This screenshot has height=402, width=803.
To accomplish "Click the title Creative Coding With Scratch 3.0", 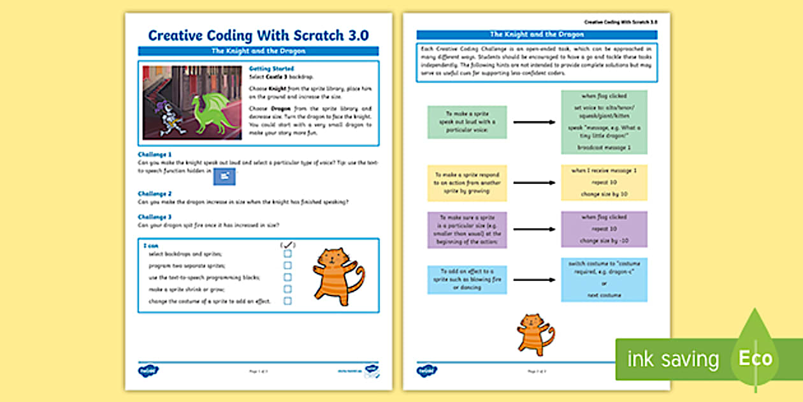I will click(x=258, y=35).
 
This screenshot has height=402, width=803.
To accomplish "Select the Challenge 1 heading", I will click(x=155, y=154).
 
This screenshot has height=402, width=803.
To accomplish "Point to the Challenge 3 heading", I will click(x=155, y=217).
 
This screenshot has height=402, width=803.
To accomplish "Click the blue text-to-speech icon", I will click(x=224, y=177).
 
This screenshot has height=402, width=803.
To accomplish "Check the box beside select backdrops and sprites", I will click(x=287, y=253).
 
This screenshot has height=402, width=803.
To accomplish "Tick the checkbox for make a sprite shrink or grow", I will click(x=287, y=289).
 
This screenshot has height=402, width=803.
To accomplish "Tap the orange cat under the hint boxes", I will click(x=535, y=334).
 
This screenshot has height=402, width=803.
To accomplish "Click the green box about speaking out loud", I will click(x=467, y=122).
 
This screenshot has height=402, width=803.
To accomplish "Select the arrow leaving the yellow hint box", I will click(x=533, y=183).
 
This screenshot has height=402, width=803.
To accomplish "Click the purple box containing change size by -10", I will click(x=604, y=229).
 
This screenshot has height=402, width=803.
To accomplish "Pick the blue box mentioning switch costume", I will click(x=604, y=279).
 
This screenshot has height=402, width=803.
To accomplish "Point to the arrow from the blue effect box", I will click(x=533, y=279).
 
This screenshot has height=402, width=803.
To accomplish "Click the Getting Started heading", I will click(x=271, y=68).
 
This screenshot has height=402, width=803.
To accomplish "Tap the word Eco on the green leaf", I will click(x=755, y=357).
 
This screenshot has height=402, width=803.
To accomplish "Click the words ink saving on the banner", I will click(x=673, y=359).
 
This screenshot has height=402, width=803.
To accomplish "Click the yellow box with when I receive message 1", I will click(x=604, y=182).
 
